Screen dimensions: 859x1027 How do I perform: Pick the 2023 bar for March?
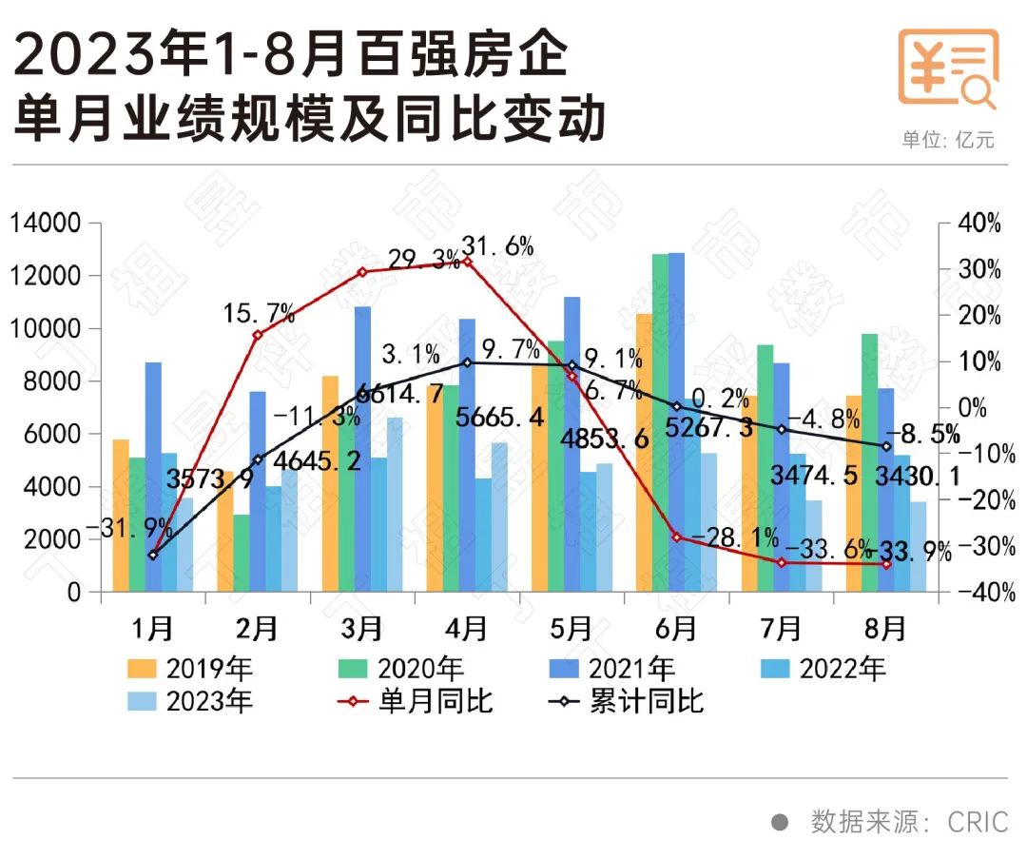coord(395,504)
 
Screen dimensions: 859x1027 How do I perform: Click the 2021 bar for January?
coord(153,457)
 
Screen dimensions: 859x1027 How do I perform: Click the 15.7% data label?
coord(259,312)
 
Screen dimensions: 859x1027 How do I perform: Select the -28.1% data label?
coord(733,537)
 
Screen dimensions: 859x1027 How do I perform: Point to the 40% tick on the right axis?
coord(979,225)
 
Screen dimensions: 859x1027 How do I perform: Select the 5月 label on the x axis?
coord(571,629)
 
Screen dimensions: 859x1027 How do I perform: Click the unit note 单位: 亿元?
coord(948,139)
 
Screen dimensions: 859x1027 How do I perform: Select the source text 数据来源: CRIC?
coord(908,821)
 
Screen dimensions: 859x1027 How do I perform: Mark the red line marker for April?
coord(468,261)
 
